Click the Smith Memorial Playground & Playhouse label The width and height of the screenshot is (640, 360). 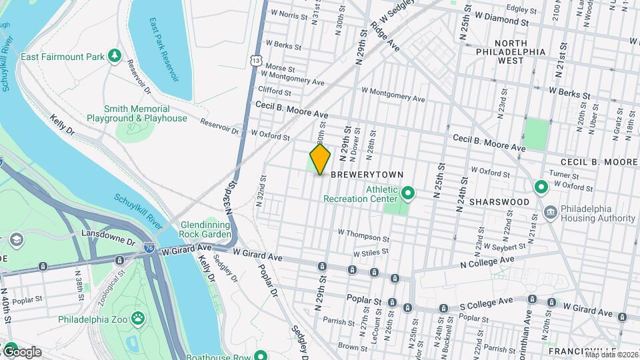point(137,113)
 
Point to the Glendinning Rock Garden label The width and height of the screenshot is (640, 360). point(205,230)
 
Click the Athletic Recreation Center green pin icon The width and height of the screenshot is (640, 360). point(409,194)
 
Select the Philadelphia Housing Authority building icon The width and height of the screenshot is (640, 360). point(551,213)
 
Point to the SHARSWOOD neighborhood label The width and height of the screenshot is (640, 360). point(499,201)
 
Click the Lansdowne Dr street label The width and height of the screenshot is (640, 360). point(107,234)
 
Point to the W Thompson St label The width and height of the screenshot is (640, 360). point(363,234)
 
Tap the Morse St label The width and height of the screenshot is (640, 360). point(280,68)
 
